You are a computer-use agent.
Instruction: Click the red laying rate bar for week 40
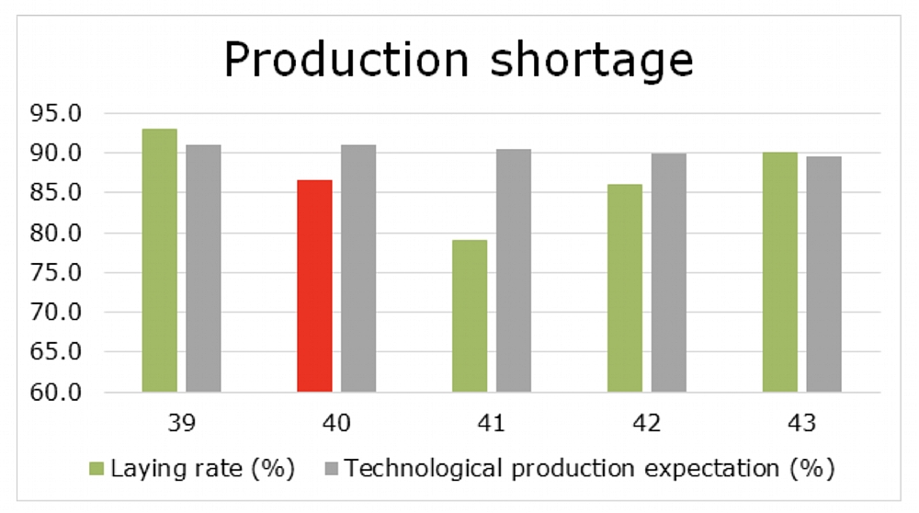tap(314, 286)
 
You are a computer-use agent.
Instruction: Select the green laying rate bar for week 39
tap(159, 260)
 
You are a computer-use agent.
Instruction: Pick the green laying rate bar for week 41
tap(470, 316)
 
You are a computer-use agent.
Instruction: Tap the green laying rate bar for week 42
tap(625, 288)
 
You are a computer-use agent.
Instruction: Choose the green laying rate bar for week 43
tap(780, 272)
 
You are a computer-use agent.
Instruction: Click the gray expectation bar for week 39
tap(203, 268)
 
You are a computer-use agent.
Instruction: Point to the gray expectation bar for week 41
tap(514, 270)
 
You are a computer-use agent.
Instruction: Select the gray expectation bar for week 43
tap(824, 274)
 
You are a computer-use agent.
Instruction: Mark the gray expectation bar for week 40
tap(358, 268)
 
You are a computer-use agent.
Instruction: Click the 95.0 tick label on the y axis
tap(56, 113)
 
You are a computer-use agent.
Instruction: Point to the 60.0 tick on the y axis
tap(56, 392)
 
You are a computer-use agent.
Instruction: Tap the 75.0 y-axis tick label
tap(56, 273)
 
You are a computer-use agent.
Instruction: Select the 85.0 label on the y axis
tap(56, 192)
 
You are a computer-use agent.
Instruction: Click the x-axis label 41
tap(491, 423)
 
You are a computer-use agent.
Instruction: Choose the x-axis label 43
tap(801, 423)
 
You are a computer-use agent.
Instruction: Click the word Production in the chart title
tap(347, 59)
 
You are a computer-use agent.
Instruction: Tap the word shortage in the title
tap(592, 61)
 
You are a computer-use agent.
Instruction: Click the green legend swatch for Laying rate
tap(96, 469)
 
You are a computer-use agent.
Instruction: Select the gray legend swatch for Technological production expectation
tap(331, 469)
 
